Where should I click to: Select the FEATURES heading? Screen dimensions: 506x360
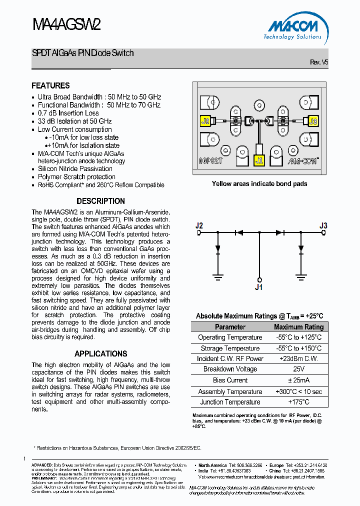click(x=50, y=85)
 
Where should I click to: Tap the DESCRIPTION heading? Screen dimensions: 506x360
click(x=100, y=201)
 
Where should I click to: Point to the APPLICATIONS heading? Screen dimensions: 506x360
click(x=100, y=353)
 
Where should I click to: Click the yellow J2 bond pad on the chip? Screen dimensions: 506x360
click(x=205, y=121)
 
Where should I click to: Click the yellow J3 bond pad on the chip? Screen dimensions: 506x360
click(x=313, y=121)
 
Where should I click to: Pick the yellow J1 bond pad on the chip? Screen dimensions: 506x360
click(x=259, y=160)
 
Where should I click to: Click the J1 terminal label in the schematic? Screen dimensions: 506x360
click(x=258, y=287)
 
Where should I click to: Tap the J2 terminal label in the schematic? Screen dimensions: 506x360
click(x=199, y=225)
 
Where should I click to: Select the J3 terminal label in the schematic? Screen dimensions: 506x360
click(x=323, y=225)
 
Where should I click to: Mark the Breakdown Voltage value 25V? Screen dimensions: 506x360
click(x=298, y=369)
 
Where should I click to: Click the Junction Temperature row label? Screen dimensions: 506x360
click(x=230, y=402)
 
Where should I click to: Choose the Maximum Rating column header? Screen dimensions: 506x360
click(x=298, y=327)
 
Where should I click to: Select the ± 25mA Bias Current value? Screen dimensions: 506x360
click(x=298, y=380)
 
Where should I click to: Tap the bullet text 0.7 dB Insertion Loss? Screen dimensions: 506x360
click(x=68, y=113)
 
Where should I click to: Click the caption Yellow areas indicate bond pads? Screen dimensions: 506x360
click(x=259, y=183)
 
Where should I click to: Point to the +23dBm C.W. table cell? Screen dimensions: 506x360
click(x=298, y=358)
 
